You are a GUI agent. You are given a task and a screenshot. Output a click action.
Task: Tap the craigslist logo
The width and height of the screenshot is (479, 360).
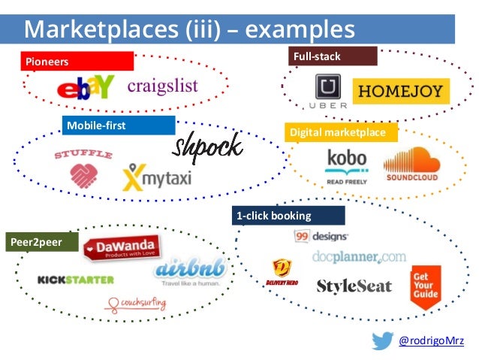[x=162, y=85]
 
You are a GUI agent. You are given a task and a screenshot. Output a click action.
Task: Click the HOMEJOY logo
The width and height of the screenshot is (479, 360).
[x=401, y=92]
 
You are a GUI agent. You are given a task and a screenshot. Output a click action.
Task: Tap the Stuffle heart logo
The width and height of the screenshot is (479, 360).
[x=82, y=169]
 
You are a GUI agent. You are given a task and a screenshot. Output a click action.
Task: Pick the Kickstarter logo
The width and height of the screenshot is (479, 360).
[x=76, y=280]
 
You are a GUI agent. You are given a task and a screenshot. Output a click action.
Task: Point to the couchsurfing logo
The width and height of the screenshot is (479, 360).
[x=137, y=304]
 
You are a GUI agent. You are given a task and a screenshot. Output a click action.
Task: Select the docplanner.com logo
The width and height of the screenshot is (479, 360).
[x=359, y=258]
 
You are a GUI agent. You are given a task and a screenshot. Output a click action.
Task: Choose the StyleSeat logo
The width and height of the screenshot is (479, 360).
[x=354, y=286]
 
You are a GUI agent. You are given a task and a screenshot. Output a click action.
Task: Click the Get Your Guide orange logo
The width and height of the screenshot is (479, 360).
[x=425, y=286]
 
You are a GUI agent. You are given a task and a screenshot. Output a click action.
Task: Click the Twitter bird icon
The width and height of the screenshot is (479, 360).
[x=382, y=340]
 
